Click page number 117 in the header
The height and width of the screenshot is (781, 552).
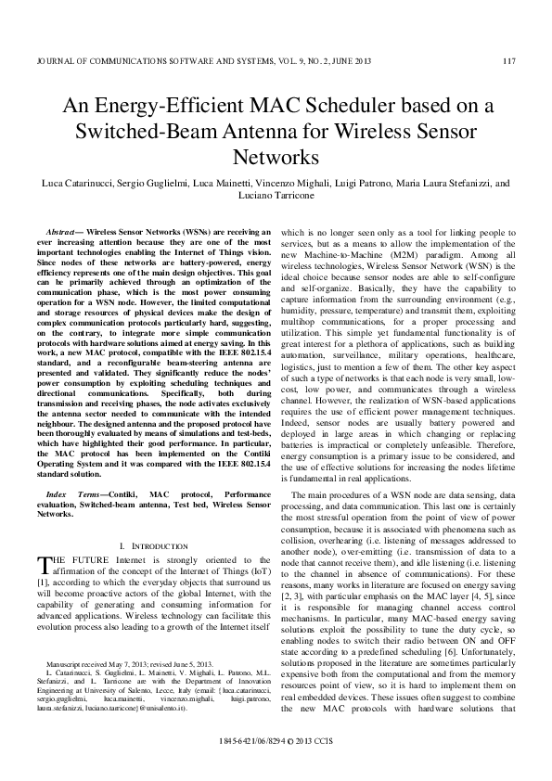[x=508, y=62]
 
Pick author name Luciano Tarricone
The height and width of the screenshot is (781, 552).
[x=276, y=197]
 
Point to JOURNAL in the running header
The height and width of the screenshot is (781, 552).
[x=56, y=62]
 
